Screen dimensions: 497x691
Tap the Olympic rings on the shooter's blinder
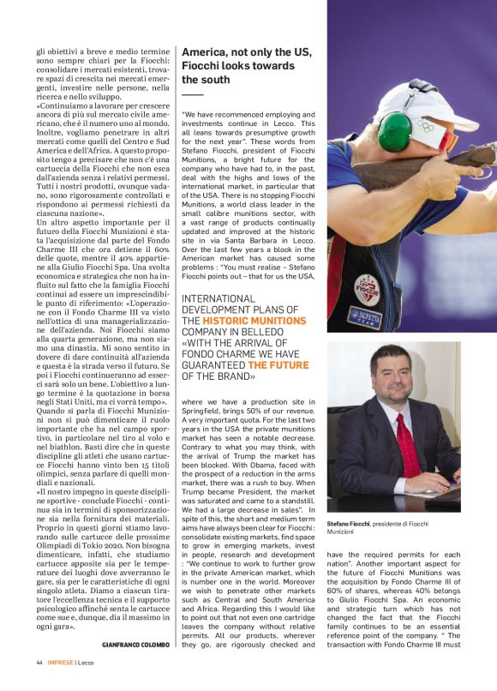[x=425, y=126]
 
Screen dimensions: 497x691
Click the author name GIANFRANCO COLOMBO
[x=135, y=644]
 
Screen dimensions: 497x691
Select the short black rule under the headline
[x=192, y=94]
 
